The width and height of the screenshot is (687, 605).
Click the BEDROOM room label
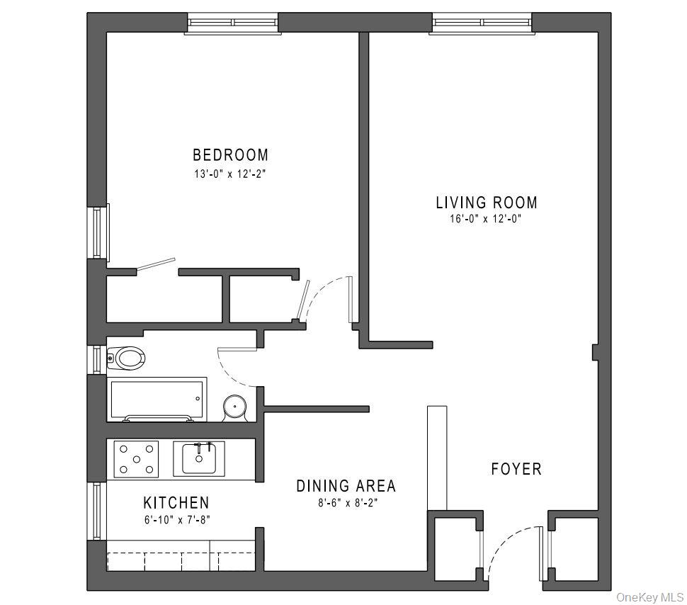(x=230, y=154)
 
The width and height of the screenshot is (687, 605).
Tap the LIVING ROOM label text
(x=486, y=203)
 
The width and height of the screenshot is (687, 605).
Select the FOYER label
(x=516, y=469)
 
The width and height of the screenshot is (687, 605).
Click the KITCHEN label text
(x=176, y=503)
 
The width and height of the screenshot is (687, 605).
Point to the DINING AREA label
(x=346, y=486)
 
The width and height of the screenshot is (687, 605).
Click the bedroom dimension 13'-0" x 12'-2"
(x=230, y=173)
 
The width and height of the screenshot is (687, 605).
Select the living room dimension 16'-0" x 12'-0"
(x=486, y=219)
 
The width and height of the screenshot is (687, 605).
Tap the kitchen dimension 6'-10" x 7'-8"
(x=176, y=519)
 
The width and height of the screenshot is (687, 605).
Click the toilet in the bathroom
(x=127, y=358)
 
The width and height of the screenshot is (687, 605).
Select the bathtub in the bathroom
(x=157, y=399)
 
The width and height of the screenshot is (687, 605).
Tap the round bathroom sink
(x=234, y=407)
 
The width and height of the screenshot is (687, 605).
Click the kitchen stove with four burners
(x=137, y=458)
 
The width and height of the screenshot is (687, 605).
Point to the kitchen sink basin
(x=199, y=459)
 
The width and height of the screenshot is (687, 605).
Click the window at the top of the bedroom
(x=233, y=23)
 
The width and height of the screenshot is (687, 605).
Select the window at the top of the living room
(x=482, y=23)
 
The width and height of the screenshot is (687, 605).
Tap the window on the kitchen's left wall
(x=97, y=511)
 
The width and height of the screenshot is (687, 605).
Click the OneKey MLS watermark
(x=649, y=596)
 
